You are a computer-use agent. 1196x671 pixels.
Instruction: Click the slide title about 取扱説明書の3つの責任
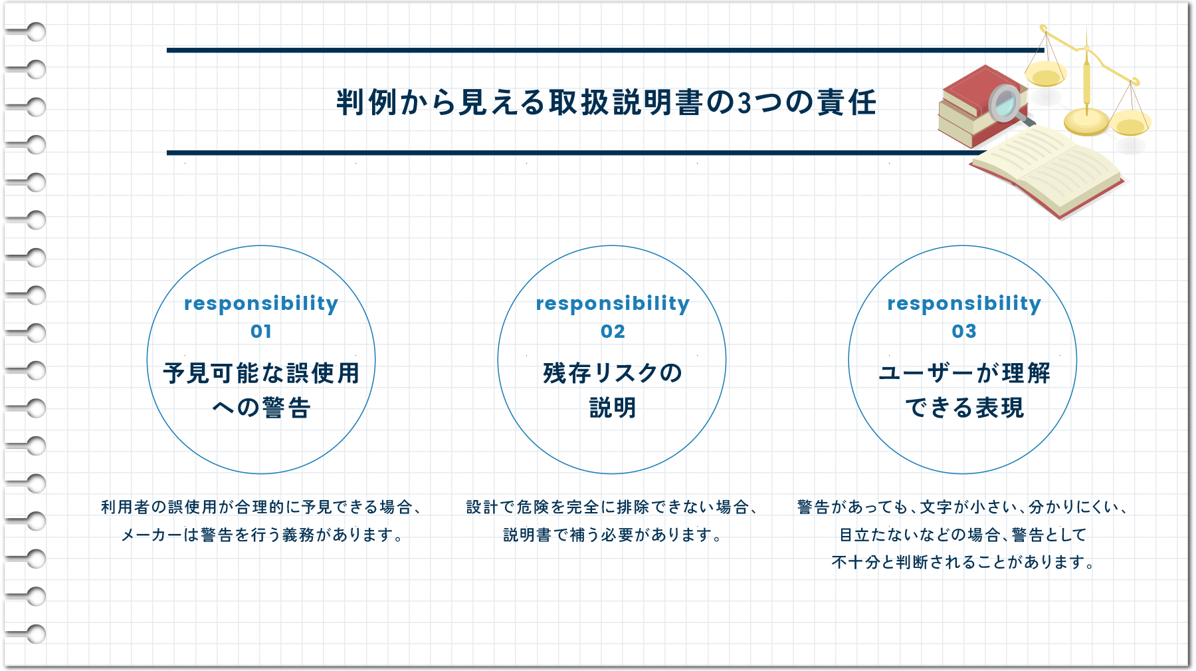(x=606, y=102)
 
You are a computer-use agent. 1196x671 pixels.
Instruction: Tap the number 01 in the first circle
(x=261, y=331)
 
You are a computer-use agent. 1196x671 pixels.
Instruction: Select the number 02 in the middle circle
(x=613, y=331)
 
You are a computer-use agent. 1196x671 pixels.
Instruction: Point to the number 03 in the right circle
(x=963, y=331)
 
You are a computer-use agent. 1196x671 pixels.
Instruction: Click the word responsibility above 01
(x=261, y=303)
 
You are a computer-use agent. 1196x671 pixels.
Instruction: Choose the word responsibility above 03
(x=963, y=303)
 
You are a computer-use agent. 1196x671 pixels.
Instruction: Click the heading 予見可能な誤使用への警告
(x=261, y=390)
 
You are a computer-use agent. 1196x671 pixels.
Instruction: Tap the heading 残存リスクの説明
(x=613, y=390)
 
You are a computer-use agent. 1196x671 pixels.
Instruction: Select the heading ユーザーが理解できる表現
(x=963, y=390)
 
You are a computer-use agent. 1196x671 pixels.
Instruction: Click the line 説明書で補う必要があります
(x=613, y=535)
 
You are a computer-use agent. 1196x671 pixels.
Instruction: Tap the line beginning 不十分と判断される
(x=963, y=562)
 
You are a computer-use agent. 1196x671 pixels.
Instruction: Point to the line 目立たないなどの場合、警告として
(x=963, y=535)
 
